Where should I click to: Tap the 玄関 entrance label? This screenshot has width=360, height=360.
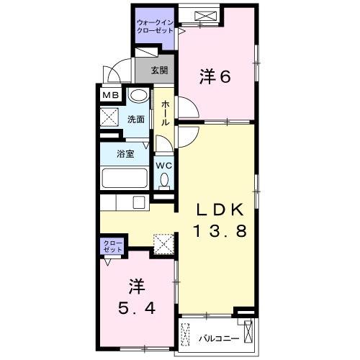160,71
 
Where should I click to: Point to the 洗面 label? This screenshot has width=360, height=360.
136,120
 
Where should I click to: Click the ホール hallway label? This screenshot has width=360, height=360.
166,114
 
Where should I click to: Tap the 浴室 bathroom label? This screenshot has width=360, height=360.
125,154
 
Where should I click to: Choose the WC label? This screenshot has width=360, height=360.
165,165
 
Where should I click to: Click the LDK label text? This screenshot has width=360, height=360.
223,210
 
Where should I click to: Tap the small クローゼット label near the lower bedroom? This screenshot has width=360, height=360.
112,247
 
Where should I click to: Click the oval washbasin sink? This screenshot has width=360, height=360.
138,96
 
